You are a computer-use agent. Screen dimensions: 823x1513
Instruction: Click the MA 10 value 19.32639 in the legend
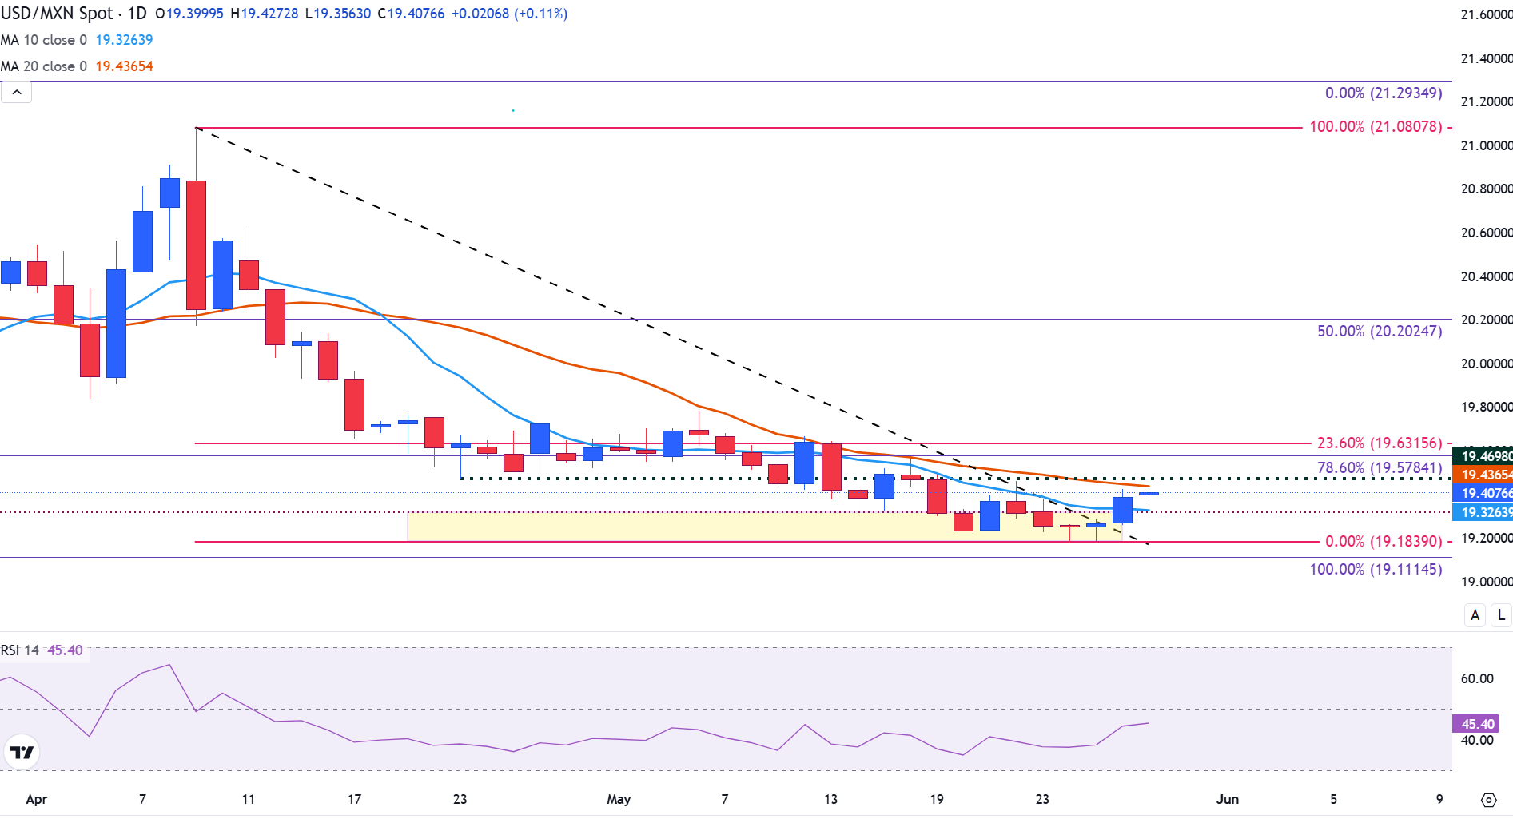coord(124,40)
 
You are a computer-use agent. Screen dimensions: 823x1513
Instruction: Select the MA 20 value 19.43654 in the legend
coord(124,66)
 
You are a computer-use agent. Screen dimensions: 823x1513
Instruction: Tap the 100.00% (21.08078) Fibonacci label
coord(1376,126)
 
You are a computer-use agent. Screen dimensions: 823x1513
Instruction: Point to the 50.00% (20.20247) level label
coord(1380,331)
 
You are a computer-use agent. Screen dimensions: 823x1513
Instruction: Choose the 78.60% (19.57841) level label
coord(1380,467)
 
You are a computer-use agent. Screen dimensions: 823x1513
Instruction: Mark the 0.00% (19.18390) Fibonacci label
coord(1384,541)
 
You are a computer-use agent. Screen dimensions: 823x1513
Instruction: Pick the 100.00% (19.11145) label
coord(1376,569)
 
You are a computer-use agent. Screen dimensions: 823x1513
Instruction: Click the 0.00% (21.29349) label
coord(1384,93)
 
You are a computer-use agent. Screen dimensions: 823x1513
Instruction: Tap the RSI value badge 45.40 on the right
coord(1476,724)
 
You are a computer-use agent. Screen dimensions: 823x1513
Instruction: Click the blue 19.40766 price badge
coord(1484,493)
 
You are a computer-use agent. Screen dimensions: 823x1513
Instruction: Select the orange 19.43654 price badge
coord(1484,475)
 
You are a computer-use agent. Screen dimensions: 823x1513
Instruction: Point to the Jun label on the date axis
coord(1227,799)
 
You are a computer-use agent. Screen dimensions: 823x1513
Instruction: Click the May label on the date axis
coord(619,799)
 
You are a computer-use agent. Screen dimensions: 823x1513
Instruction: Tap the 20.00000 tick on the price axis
coord(1486,364)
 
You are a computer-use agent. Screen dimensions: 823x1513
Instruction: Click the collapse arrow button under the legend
coord(17,93)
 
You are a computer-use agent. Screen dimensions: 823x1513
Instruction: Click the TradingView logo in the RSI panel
coord(22,752)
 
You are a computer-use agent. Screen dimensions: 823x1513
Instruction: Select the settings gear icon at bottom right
coord(1488,800)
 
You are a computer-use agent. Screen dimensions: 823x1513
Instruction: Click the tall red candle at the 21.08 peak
coord(196,244)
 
